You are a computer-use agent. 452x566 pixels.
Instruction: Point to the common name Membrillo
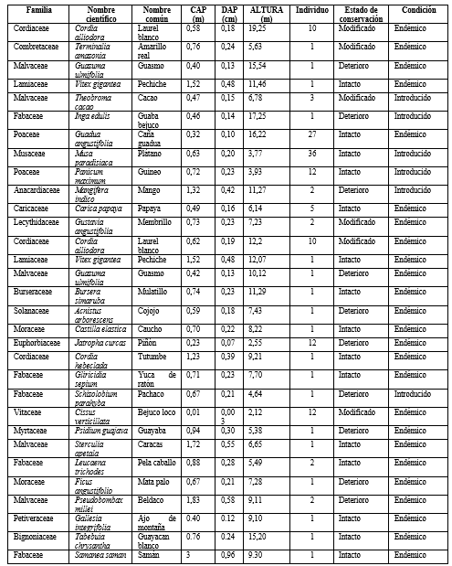point(154,221)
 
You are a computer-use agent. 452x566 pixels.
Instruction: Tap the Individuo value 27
point(312,133)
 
